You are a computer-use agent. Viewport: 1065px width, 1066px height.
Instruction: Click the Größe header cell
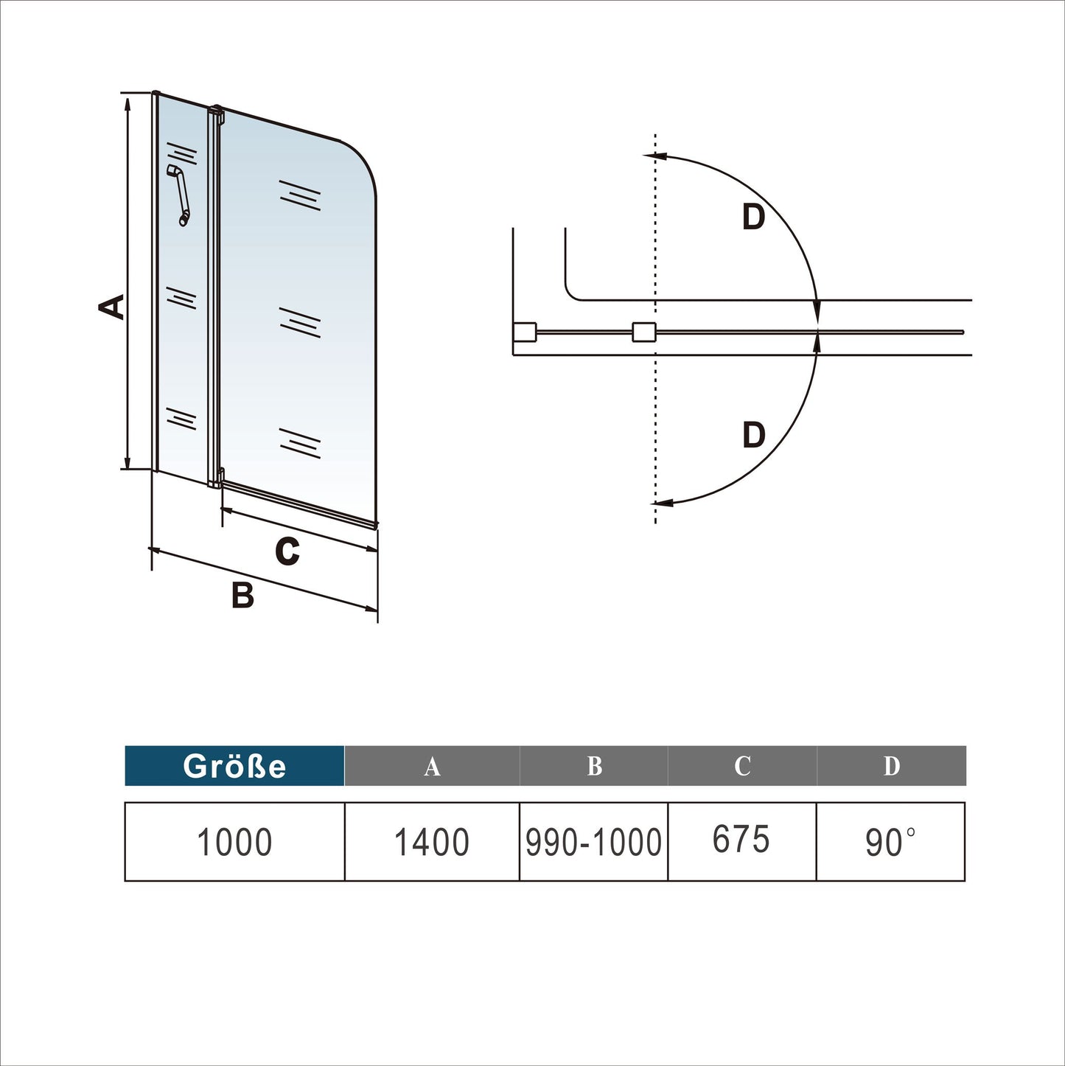point(234,766)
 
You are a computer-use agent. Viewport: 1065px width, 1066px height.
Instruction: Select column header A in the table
point(432,767)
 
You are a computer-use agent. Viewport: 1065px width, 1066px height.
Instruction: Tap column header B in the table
point(594,767)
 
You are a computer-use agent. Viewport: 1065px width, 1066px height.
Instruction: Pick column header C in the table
point(742,767)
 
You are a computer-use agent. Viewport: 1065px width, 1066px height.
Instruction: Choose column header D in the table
point(891,767)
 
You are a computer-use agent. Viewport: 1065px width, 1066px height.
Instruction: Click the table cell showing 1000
point(234,842)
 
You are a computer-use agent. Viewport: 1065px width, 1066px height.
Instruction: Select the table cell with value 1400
point(432,842)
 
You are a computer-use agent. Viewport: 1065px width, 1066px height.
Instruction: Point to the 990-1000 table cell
point(593,842)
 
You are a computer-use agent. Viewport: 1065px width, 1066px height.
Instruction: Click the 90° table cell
point(890,842)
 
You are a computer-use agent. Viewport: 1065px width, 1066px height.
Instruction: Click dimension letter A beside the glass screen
point(112,307)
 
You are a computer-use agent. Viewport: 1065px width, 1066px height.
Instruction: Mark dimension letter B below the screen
point(242,595)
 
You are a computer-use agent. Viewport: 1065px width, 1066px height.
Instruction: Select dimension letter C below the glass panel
point(287,551)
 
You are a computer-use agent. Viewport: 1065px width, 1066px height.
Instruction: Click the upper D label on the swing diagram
point(753,217)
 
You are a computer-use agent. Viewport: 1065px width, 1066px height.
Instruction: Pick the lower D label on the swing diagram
point(753,435)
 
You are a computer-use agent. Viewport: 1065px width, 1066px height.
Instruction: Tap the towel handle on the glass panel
point(179,195)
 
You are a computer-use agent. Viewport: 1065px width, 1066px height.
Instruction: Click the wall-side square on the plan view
point(524,332)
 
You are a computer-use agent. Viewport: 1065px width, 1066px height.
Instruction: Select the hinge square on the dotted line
point(643,332)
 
